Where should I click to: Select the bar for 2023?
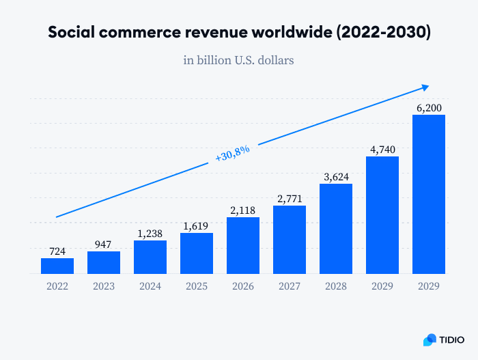point(104,262)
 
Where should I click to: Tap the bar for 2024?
point(150,257)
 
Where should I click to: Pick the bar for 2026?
point(243,245)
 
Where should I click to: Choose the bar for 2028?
point(336,229)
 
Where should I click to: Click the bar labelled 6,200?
point(429,194)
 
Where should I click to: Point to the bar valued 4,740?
point(382,215)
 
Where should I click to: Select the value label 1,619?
point(197,225)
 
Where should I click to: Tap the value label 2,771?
point(290,197)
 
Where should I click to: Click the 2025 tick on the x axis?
point(197,288)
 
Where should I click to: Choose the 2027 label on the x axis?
point(290,288)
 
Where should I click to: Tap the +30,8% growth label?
point(233,152)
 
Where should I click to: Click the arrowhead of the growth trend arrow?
point(425,86)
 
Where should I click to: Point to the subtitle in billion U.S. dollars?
point(238,60)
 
